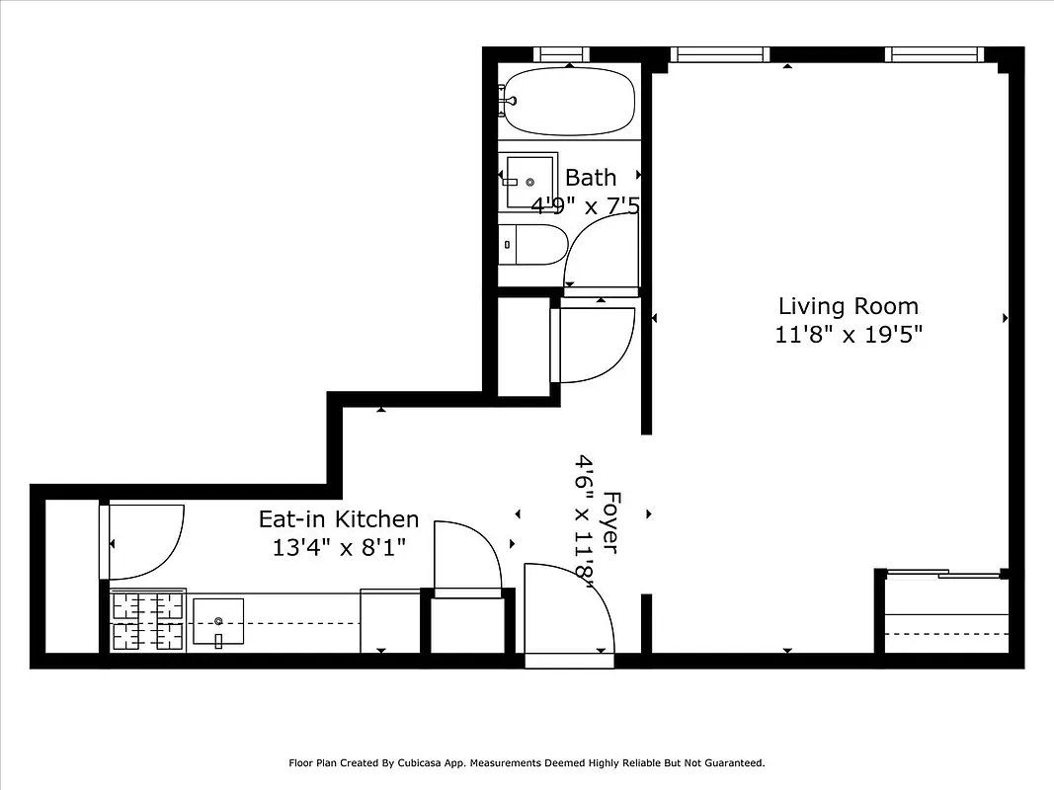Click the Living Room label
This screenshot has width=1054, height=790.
[848, 306]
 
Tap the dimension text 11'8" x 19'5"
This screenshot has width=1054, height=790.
[848, 335]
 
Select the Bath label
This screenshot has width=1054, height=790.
[591, 178]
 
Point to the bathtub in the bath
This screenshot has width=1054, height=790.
[568, 101]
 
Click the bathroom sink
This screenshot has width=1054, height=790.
[529, 181]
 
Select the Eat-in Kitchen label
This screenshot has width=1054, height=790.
[339, 519]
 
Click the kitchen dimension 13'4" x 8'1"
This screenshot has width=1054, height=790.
[339, 547]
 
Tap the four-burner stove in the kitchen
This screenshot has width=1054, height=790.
[147, 621]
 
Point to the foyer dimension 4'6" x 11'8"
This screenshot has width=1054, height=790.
[586, 521]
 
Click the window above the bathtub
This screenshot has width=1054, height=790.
[561, 53]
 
